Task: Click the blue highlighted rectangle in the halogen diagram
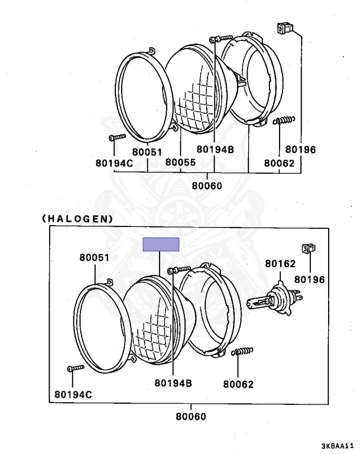[161, 244]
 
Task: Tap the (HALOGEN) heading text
[77, 219]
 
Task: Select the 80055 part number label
[180, 162]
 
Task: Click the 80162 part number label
[280, 264]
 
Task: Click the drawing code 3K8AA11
[338, 445]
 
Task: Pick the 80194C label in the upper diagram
[114, 163]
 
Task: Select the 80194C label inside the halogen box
[73, 394]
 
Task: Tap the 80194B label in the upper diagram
[215, 150]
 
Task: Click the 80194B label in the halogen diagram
[173, 383]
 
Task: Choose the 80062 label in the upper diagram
[279, 163]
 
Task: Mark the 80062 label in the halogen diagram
[238, 384]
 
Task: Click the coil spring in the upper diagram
[284, 120]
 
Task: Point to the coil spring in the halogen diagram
[242, 352]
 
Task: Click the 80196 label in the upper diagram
[300, 150]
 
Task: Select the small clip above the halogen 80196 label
[309, 248]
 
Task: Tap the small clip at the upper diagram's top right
[285, 28]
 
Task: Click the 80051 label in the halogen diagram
[95, 258]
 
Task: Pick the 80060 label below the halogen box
[191, 416]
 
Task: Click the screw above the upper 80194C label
[117, 137]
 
